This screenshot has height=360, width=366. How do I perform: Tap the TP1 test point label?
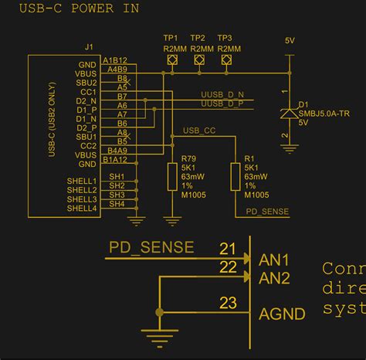[171, 38]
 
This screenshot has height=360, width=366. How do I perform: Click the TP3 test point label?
[225, 38]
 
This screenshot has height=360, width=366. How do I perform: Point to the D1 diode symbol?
[288, 114]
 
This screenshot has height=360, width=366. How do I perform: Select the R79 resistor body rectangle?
[172, 177]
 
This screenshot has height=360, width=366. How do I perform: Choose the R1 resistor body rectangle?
[236, 177]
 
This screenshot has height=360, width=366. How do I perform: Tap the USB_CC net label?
[199, 131]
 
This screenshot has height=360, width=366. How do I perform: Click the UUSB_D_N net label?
[222, 93]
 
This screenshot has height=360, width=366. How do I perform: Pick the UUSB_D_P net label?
[222, 103]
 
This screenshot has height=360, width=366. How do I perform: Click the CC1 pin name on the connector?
[87, 92]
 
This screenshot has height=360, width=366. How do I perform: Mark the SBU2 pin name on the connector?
[86, 83]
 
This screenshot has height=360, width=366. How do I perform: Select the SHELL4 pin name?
[82, 209]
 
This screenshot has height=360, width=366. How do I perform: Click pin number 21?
[227, 249]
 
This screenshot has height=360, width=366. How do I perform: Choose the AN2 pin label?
[274, 277]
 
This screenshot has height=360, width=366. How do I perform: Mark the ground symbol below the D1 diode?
[288, 140]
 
